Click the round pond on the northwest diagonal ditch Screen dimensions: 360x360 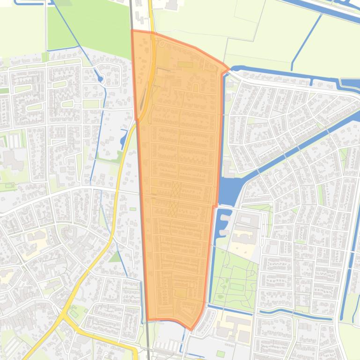tap(100, 79)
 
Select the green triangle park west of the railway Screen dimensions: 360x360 tap(115, 257)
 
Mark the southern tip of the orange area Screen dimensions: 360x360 tap(191, 329)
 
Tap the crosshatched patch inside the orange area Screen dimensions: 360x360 tap(175, 199)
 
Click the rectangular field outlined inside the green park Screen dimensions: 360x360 tap(236, 286)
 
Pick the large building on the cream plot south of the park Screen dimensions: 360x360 tap(234, 323)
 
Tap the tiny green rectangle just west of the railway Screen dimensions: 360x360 tap(133, 209)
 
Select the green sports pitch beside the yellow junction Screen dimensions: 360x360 tap(75, 314)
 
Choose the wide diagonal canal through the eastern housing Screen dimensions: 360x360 tap(300, 145)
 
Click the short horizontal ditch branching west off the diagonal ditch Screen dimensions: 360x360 tap(61, 48)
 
